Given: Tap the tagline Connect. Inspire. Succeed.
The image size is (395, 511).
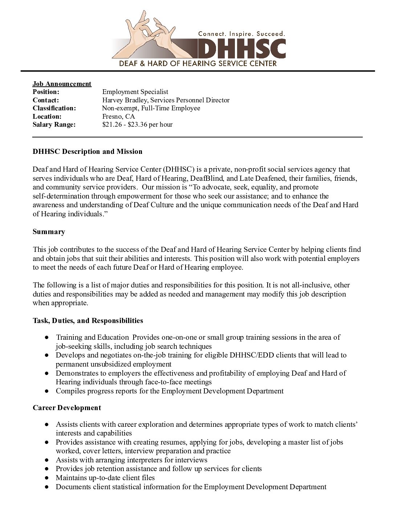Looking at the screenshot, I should (241, 34).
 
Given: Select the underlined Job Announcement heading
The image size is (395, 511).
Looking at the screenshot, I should (62, 84).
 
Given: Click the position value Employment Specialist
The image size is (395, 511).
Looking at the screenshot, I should (135, 92).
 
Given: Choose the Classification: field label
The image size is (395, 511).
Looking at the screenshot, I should (54, 108).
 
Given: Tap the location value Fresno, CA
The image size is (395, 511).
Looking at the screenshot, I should (118, 116).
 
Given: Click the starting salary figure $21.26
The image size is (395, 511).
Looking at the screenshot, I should (111, 124).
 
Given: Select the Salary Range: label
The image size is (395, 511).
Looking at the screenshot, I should (54, 124).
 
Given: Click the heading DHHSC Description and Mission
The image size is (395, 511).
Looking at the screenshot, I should (87, 152).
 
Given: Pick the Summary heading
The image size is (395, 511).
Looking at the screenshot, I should (49, 232).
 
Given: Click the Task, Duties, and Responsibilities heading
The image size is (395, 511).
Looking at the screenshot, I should (88, 321).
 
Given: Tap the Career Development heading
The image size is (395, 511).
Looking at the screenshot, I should (67, 408).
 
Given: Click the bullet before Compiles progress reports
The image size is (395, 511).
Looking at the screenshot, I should (47, 391).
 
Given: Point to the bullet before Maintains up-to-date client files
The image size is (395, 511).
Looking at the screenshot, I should (47, 478).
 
